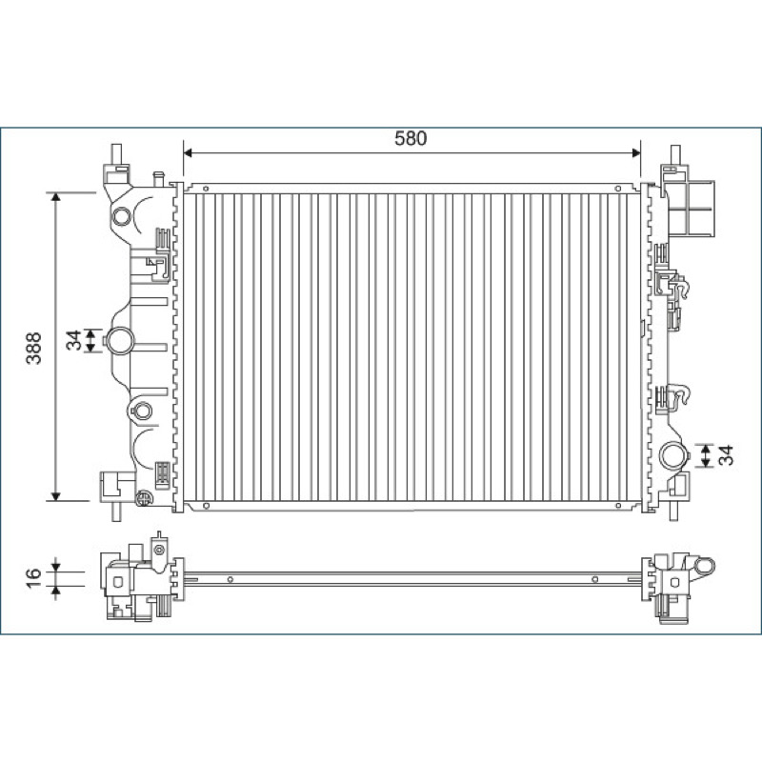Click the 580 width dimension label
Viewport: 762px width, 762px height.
(x=411, y=138)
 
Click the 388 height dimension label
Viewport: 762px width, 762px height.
(x=34, y=348)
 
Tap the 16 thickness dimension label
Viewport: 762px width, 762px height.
(x=33, y=578)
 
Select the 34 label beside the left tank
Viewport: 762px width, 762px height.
(x=73, y=340)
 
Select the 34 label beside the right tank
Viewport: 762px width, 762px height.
(x=726, y=455)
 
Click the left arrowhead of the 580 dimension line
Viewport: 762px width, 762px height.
(x=189, y=153)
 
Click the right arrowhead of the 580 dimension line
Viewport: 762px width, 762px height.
(x=635, y=153)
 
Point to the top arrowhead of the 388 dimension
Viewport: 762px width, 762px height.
(x=55, y=197)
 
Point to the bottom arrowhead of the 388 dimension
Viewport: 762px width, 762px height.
(x=55, y=496)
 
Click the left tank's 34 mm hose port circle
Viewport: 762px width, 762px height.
(x=119, y=341)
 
